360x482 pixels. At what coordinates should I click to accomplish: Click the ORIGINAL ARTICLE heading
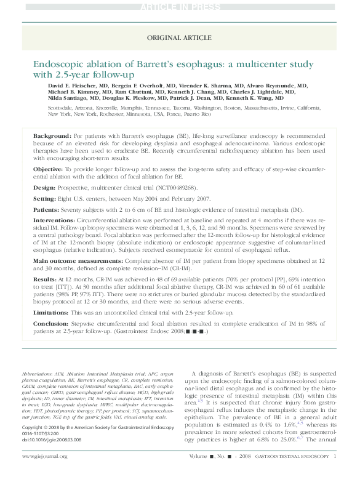(180, 38)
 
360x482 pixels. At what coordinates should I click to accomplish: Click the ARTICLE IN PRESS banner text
(180, 7)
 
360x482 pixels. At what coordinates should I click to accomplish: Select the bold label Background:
(52, 135)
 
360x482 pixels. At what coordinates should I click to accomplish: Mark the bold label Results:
(44, 279)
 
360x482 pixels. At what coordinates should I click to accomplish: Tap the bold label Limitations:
(51, 313)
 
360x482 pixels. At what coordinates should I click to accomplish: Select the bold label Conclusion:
(50, 325)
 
